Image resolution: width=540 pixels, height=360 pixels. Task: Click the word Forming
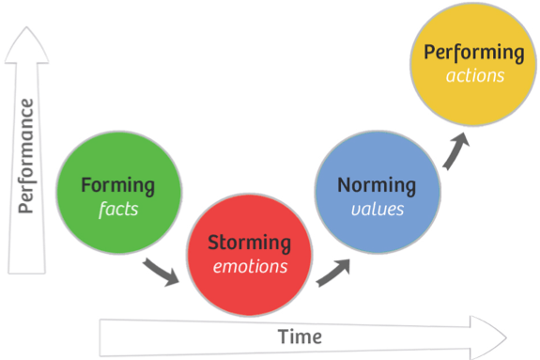(x=117, y=184)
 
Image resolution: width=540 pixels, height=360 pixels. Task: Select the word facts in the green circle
(x=118, y=209)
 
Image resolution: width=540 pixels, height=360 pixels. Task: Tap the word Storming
(x=249, y=243)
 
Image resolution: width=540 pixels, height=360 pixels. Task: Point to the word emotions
(x=249, y=266)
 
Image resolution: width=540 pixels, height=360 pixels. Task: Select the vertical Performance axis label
(x=27, y=155)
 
